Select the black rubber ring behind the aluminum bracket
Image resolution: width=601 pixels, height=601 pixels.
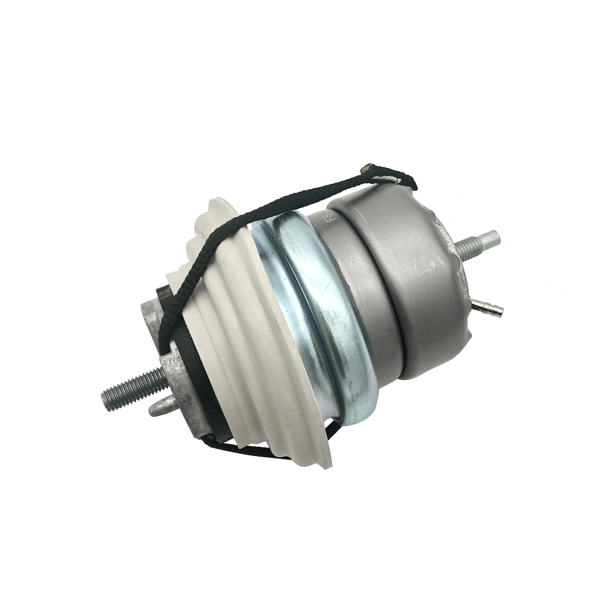click(199, 389)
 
